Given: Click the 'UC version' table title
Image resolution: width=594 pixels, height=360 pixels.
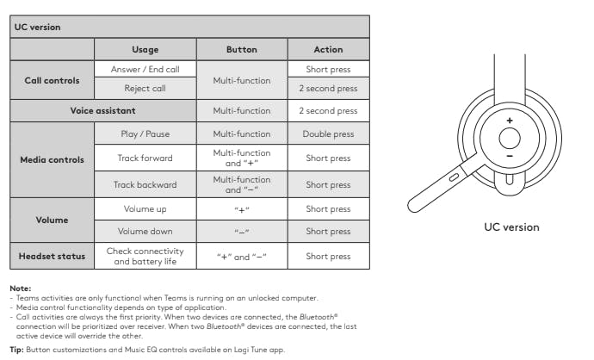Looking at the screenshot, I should (x=38, y=27).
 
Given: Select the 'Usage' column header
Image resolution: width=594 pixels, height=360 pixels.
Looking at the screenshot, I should (x=145, y=49).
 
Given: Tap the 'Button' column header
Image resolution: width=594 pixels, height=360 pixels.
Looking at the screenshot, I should (x=241, y=49).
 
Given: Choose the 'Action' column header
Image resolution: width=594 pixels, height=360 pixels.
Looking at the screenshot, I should (x=328, y=49).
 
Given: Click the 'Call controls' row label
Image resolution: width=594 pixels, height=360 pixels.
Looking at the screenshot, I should (x=52, y=80).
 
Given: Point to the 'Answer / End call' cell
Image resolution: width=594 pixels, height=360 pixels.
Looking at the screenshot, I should (x=145, y=69).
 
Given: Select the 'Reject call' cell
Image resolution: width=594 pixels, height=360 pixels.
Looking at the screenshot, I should (x=145, y=88).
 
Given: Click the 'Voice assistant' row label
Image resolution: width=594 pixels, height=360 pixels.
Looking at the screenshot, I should (x=102, y=110).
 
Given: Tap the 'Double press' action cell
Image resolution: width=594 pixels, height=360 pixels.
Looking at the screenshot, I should (x=328, y=134).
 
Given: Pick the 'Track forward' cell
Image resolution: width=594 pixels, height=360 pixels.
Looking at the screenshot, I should (x=145, y=158).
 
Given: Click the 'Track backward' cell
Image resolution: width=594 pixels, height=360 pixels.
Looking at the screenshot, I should (x=145, y=184).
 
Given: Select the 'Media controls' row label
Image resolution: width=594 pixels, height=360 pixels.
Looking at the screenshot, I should (x=52, y=159).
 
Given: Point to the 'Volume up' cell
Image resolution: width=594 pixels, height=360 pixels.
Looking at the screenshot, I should (x=145, y=209).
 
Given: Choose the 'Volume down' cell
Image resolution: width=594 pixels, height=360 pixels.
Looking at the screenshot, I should (x=145, y=231).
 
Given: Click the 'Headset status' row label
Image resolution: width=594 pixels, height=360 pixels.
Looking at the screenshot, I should (x=52, y=256).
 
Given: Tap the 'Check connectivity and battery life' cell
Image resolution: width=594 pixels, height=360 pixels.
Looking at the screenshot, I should (x=145, y=256).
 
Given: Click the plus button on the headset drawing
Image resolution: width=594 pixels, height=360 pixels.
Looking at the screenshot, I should (x=509, y=121).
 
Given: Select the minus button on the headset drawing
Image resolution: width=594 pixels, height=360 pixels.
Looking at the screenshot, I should (x=509, y=156).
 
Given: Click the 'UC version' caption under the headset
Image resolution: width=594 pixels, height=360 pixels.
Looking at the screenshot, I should (x=510, y=227).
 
